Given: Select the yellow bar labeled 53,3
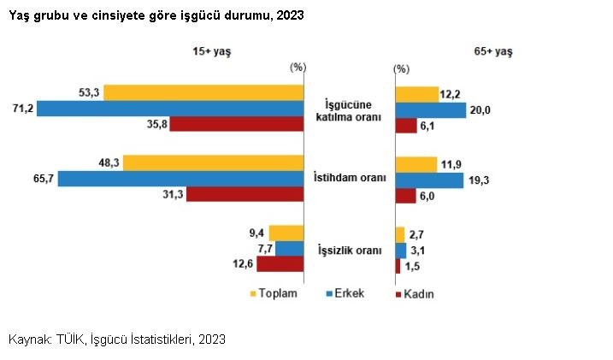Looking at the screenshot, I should [204, 92].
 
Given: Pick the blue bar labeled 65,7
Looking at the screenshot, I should [181, 179].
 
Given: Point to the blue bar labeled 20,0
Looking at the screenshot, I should [430, 109].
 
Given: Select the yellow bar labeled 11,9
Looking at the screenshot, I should [416, 163].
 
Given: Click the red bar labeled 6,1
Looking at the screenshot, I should [405, 126].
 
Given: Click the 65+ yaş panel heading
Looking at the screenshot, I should [493, 51].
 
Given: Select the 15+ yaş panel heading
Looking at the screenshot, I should [212, 51].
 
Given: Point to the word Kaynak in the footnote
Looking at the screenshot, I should [29, 339].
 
